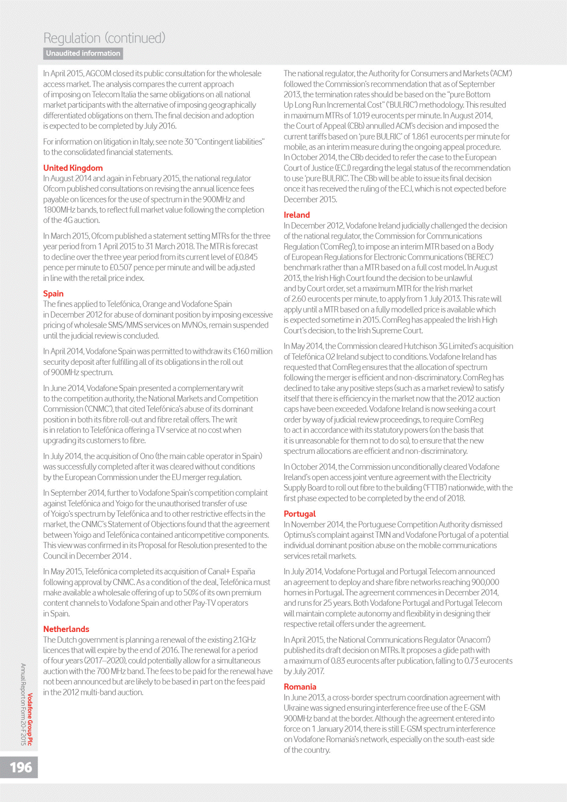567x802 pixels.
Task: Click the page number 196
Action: coord(21,767)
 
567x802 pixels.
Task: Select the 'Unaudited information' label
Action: coord(83,53)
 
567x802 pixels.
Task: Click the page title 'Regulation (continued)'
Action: coord(104,38)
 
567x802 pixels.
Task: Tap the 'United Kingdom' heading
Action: coord(73,168)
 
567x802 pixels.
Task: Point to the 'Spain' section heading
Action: coord(53,293)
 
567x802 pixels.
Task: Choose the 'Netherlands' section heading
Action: coord(66,629)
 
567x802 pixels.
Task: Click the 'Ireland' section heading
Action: coord(297,215)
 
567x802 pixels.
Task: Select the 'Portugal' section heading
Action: coord(300,514)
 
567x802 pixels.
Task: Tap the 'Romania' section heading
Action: coord(300,687)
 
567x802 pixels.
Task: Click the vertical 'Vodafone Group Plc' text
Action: coord(30,719)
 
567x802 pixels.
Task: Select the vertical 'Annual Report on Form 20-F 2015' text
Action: coord(22,704)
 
